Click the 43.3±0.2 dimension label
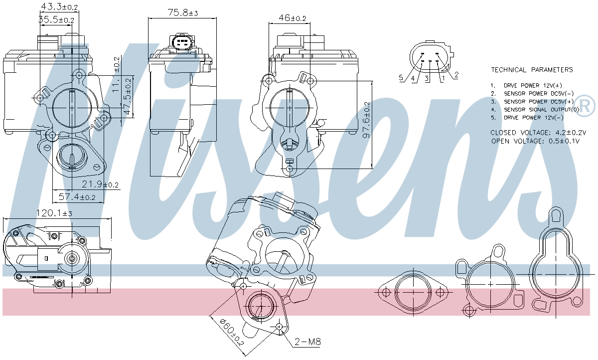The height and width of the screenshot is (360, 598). (x=59, y=7)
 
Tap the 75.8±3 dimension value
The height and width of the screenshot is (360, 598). (x=183, y=12)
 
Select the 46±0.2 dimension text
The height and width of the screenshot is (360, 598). (x=293, y=18)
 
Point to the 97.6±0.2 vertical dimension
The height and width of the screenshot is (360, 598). (x=367, y=120)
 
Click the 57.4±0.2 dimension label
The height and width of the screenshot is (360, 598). (x=77, y=197)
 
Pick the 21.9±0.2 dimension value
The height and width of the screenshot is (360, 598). (x=100, y=184)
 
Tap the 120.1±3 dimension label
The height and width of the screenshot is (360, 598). (x=54, y=213)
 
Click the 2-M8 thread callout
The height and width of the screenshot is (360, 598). (x=307, y=342)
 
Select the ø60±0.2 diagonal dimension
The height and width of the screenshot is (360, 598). (x=232, y=332)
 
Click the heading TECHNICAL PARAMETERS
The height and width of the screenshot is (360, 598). (x=532, y=70)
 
